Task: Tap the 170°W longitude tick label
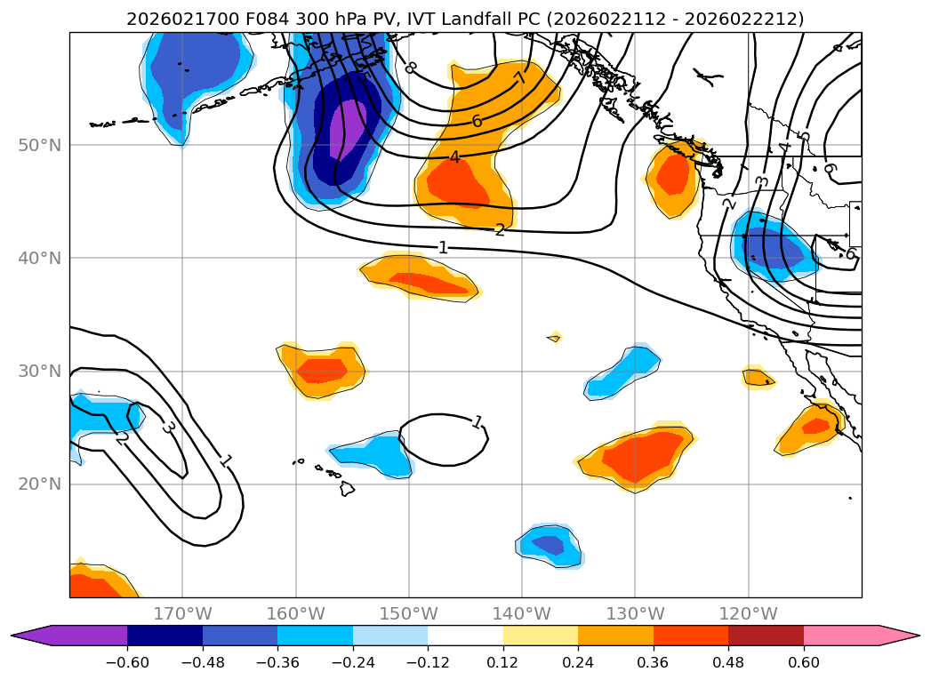182,613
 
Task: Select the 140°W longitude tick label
522,613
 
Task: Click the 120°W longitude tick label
748,613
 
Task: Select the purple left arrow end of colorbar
30,636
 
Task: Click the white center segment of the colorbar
465,636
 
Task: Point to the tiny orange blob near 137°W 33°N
555,338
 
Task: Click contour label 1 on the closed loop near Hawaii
478,422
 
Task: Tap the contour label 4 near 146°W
453,158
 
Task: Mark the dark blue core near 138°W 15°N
548,544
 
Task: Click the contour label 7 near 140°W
521,77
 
